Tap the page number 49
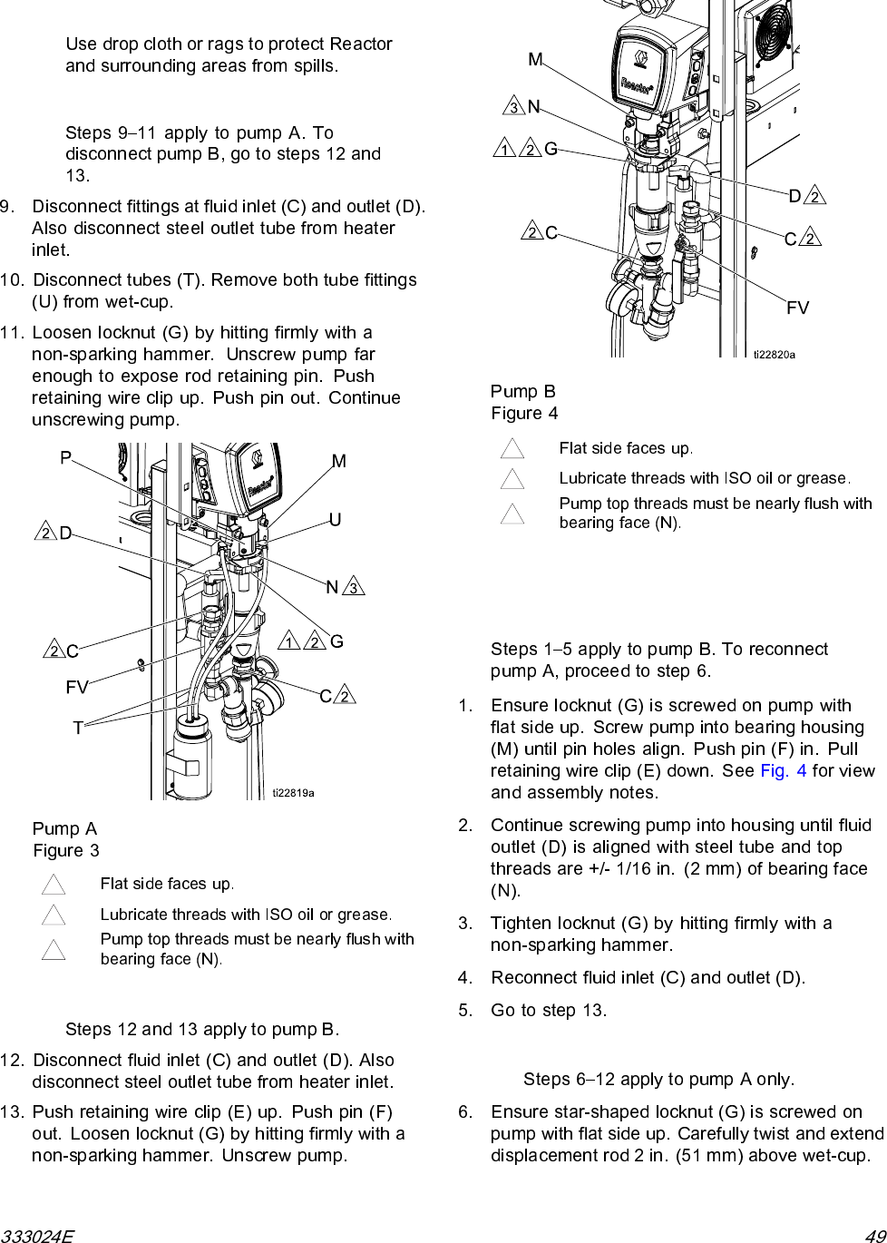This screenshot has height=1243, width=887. (x=874, y=1235)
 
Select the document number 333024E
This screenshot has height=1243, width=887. (x=37, y=1235)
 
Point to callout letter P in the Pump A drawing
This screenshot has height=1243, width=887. (x=65, y=458)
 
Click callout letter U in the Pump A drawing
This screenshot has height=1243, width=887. (x=335, y=520)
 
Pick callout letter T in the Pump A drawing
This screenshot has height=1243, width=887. (x=78, y=728)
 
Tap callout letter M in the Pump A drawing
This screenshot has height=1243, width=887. (x=338, y=462)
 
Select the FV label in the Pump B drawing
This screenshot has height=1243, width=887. (x=797, y=308)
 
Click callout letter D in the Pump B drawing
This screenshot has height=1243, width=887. (x=794, y=196)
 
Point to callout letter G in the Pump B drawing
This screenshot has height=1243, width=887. (x=551, y=149)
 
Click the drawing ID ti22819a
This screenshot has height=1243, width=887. (x=293, y=793)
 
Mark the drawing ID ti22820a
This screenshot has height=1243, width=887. (x=774, y=355)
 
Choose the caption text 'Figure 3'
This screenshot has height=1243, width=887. (x=66, y=851)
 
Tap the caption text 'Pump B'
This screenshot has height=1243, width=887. (x=523, y=391)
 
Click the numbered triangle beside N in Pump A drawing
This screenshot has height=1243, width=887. (x=355, y=588)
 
